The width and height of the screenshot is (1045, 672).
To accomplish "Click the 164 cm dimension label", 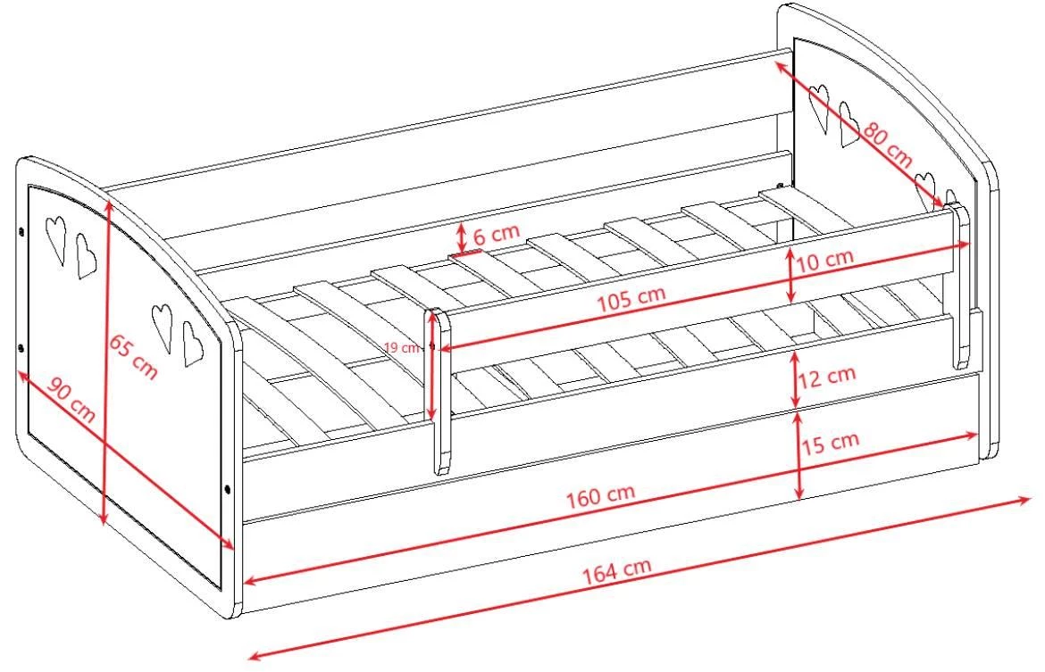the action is pyautogui.click(x=617, y=571).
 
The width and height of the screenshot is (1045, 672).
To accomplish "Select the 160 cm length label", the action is pyautogui.click(x=600, y=494).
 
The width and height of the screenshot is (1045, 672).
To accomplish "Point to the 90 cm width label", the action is pyautogui.click(x=71, y=402).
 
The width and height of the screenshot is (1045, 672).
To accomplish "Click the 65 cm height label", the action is pyautogui.click(x=133, y=357).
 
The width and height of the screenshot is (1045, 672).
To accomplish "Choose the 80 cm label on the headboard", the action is pyautogui.click(x=889, y=145).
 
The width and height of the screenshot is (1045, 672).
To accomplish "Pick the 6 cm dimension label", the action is pyautogui.click(x=496, y=234).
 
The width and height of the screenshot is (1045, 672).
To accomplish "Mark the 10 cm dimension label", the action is pyautogui.click(x=825, y=260).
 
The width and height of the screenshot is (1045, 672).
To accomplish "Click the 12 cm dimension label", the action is pyautogui.click(x=827, y=377).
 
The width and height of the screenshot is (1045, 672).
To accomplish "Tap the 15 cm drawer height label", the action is pyautogui.click(x=831, y=443).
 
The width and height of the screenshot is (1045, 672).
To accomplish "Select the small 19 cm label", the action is pyautogui.click(x=402, y=348).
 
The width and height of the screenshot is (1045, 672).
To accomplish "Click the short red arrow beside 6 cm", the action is pyautogui.click(x=461, y=237).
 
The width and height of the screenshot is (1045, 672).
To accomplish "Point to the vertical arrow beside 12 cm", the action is pyautogui.click(x=795, y=379).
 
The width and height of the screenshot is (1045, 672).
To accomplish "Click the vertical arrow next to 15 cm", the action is pyautogui.click(x=799, y=455).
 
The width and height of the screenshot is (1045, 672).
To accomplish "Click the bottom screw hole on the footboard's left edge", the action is pyautogui.click(x=21, y=348).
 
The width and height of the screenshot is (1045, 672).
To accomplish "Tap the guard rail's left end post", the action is pyautogui.click(x=437, y=391).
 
